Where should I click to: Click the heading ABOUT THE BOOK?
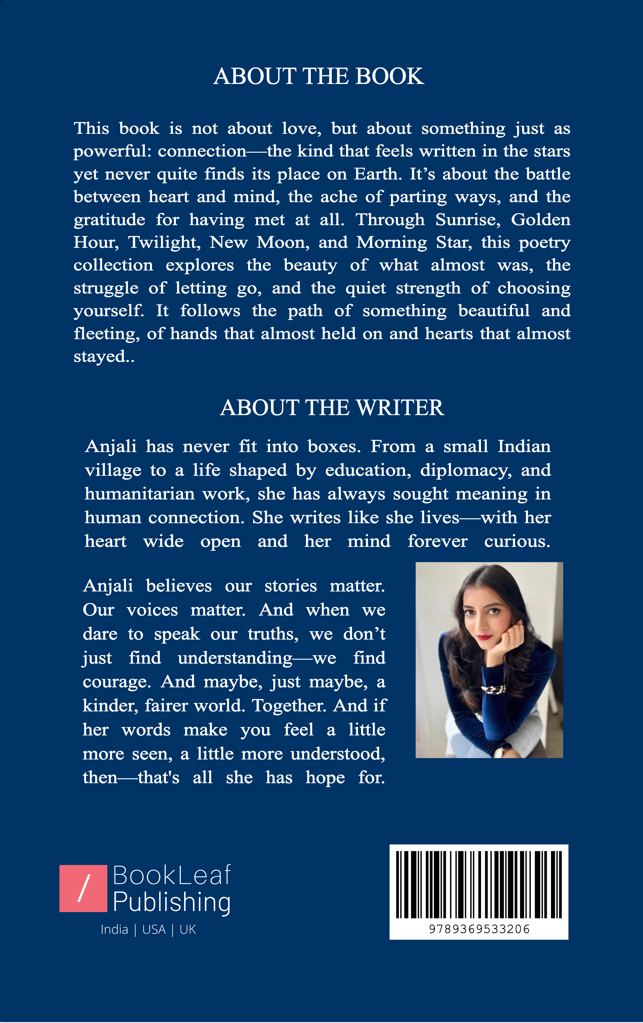[319, 76]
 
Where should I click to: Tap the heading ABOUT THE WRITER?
[332, 408]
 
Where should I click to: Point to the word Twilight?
[164, 243]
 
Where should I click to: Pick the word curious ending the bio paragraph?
[517, 542]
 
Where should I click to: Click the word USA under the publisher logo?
[154, 930]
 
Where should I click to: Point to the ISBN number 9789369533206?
[479, 930]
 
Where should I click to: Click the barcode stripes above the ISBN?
[479, 885]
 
